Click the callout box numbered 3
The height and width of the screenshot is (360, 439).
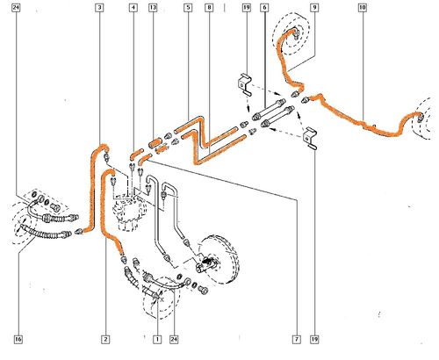pos(99,8)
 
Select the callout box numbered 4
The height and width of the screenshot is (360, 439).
pos(133,8)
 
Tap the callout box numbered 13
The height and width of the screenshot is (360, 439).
pos(153,8)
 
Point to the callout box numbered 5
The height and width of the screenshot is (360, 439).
pos(188,8)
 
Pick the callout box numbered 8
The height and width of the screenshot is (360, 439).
pos(209,8)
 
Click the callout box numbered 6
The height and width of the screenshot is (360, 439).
pos(264,8)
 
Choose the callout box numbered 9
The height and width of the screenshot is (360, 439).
pos(314,8)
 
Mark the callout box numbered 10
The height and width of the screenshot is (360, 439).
pos(363,8)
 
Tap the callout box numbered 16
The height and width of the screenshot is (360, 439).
pos(18,339)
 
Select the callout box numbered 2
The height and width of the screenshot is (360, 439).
pos(105,339)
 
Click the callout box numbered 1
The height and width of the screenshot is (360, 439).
pos(157,339)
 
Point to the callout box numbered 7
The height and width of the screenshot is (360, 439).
pos(297,339)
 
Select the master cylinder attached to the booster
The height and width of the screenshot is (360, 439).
pos(206,263)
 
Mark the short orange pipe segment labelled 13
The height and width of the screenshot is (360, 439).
pos(155,143)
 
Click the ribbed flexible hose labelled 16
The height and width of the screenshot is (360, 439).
pos(44,233)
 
